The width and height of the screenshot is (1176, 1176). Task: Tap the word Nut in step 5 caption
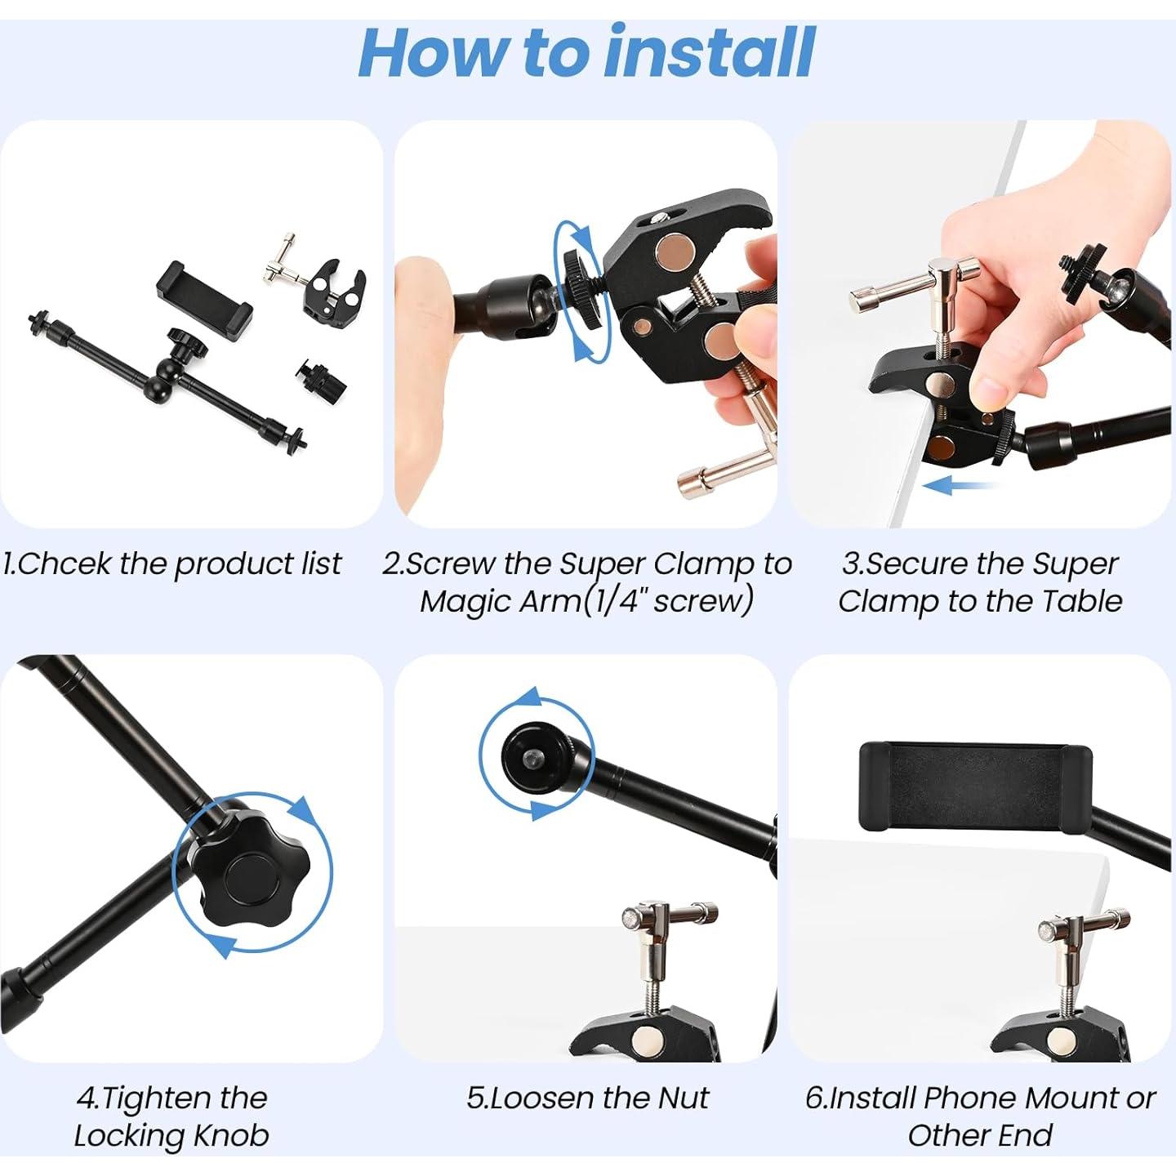pos(683,1098)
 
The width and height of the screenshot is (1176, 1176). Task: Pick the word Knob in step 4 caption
pos(231,1135)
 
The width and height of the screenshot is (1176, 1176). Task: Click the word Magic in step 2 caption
pos(465,601)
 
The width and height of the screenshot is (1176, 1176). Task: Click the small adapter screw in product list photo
pos(314,374)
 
